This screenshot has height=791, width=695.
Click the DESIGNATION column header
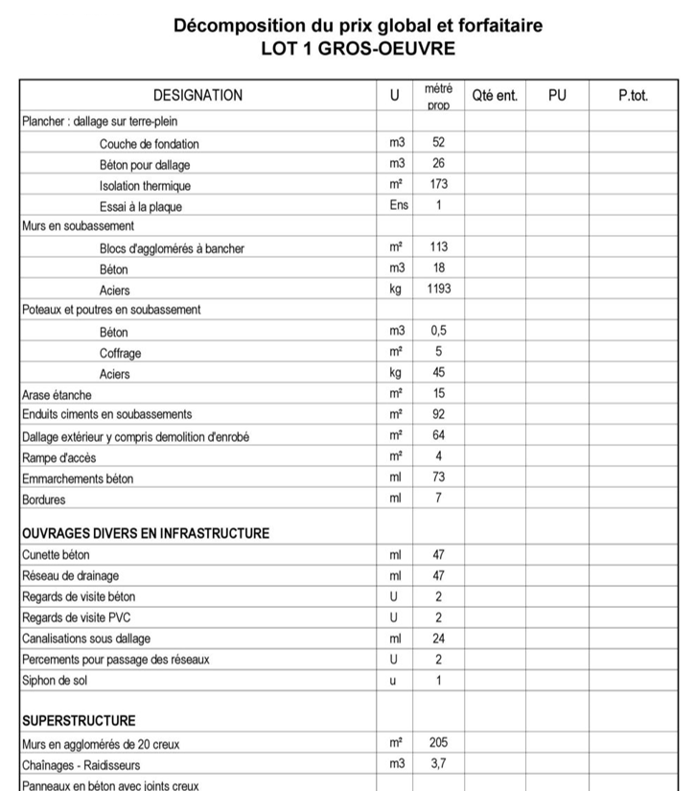[197, 96]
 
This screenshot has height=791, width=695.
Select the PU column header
[556, 96]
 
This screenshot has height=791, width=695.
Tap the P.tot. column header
[633, 96]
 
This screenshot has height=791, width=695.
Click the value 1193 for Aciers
[439, 289]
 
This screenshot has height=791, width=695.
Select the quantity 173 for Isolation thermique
[439, 184]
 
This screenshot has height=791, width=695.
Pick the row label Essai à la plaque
[140, 206]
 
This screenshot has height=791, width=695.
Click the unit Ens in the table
[398, 205]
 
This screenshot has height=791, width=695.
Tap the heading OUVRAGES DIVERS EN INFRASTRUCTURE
[145, 533]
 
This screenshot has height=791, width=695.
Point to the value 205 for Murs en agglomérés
[439, 742]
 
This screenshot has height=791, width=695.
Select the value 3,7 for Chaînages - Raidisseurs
[439, 763]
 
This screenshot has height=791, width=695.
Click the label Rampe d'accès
[58, 457]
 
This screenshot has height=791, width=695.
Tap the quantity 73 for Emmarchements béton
[439, 477]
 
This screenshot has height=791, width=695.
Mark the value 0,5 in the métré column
[439, 331]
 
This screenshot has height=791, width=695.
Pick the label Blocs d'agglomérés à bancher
[172, 248]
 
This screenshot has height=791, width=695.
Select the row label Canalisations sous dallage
[85, 639]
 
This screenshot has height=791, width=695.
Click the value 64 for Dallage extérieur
[439, 436]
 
